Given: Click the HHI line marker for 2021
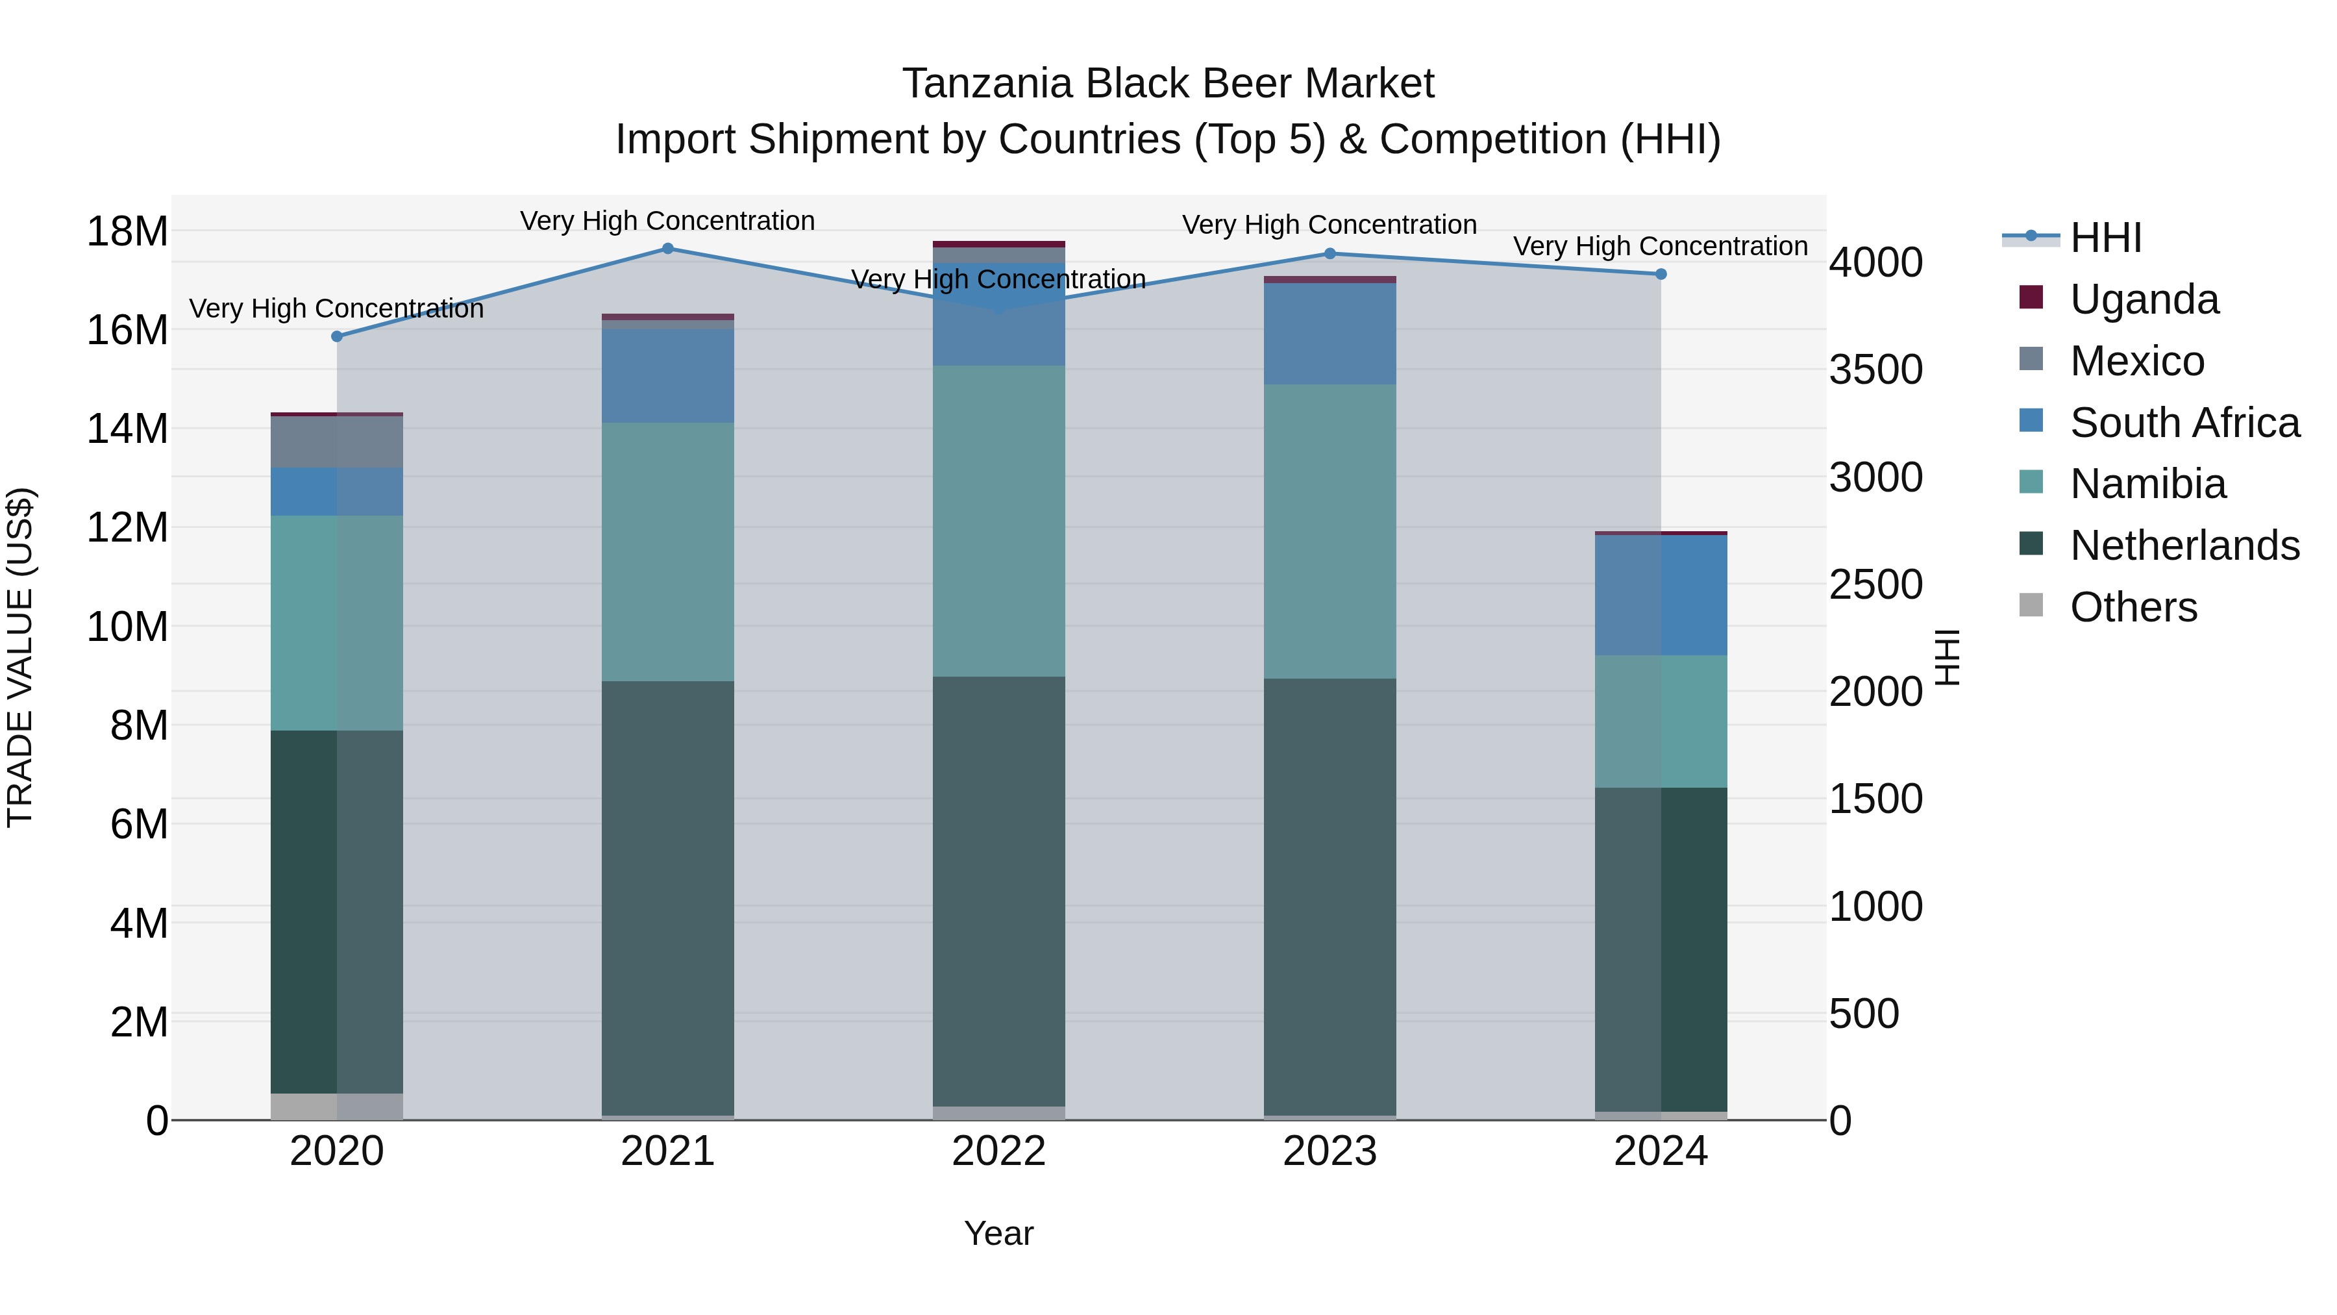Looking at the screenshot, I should (x=668, y=249).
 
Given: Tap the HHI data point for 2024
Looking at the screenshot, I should (x=1661, y=274).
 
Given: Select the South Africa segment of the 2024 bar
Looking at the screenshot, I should (x=1661, y=595).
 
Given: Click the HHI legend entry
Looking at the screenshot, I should (x=2105, y=238).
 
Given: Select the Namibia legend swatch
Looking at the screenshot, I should (x=2031, y=482).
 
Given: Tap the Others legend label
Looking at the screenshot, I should (x=2133, y=607).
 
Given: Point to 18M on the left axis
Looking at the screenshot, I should (x=127, y=231).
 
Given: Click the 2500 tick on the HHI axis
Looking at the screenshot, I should (x=1875, y=584).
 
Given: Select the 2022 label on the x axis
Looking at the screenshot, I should (x=999, y=1151).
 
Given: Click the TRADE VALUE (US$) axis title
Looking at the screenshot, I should (x=20, y=657).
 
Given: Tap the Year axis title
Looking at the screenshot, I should (x=999, y=1233).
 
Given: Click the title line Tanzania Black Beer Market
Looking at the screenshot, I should (x=1168, y=84).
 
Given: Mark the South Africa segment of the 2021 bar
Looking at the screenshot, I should (x=668, y=376).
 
